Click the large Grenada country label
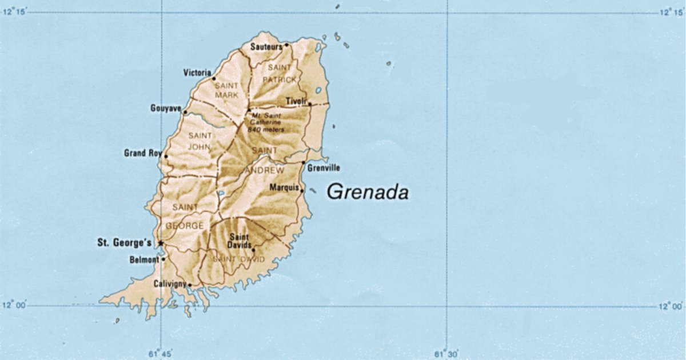pos(368,192)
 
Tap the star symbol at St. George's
pos(161,243)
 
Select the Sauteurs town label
pos(266,47)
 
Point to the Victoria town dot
pos(214,78)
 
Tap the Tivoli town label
pos(297,101)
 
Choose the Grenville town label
pos(324,168)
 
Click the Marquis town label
pos(284,187)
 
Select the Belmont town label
pos(145,260)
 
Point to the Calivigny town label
pos(170,283)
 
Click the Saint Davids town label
pos(241,241)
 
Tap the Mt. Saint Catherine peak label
pos(266,122)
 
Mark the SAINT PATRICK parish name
pos(280,73)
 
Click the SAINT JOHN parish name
pos(200,140)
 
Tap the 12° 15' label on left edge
pos(15,12)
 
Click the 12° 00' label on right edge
pos(670,307)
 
